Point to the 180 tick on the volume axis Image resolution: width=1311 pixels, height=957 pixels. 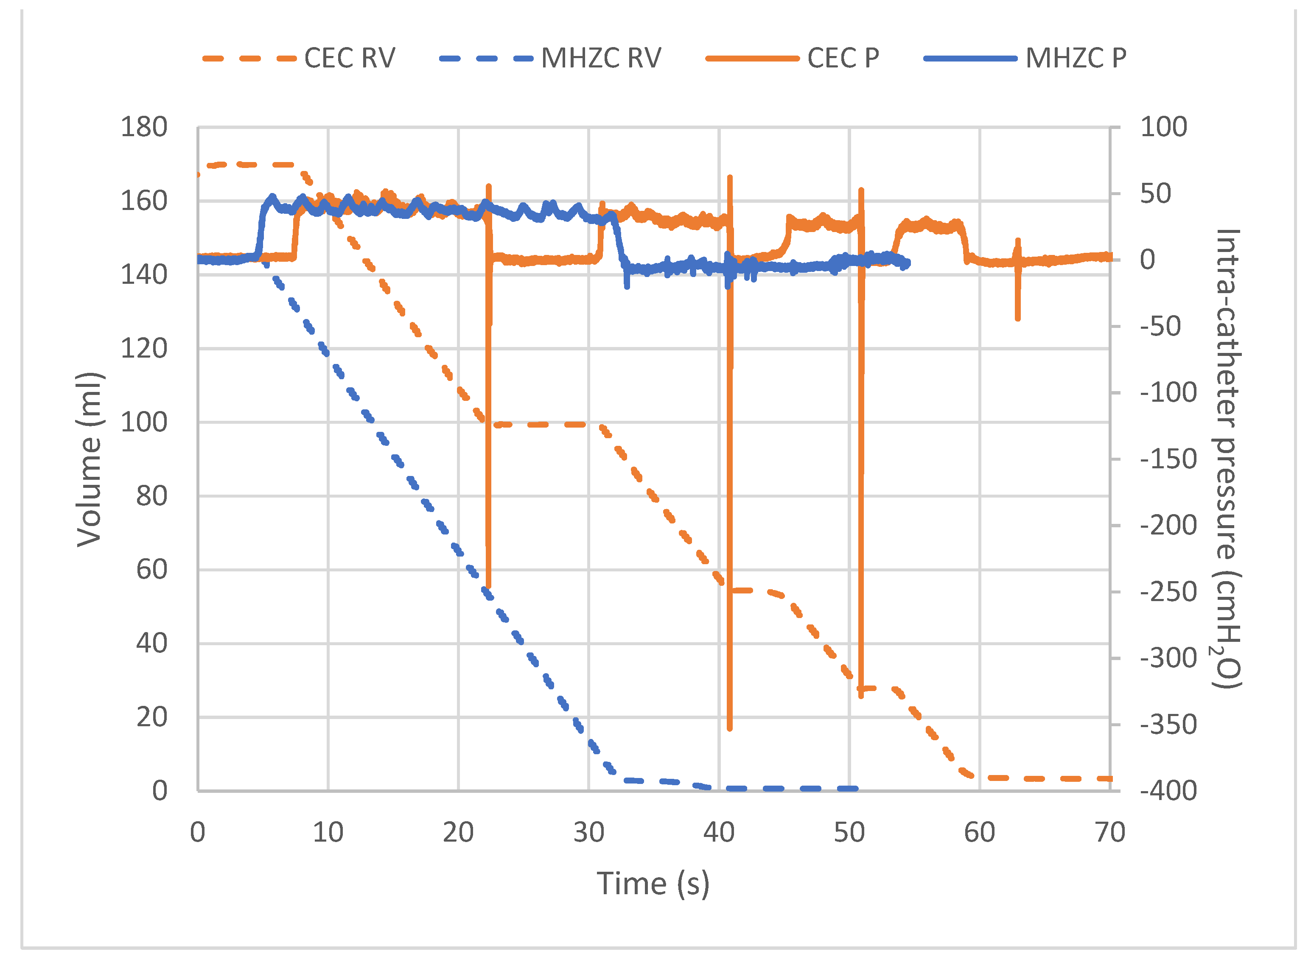point(144,127)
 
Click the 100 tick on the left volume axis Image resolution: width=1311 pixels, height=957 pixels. point(144,423)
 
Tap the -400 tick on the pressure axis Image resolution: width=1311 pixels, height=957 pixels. point(1167,791)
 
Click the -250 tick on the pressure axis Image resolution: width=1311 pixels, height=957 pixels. point(1167,592)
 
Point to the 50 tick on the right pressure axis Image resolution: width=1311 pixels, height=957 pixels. point(1155,194)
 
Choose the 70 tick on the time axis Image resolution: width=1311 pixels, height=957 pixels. point(1109,832)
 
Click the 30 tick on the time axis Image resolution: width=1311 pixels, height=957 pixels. point(588,832)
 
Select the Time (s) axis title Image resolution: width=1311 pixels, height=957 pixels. point(653,884)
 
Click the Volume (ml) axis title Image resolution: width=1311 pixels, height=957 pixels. point(90,459)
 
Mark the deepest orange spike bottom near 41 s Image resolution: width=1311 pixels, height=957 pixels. point(729,728)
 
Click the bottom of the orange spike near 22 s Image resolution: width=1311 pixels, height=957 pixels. point(488,586)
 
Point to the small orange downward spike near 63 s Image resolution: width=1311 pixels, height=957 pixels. point(1017,317)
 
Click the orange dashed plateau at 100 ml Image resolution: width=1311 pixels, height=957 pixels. point(539,425)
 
